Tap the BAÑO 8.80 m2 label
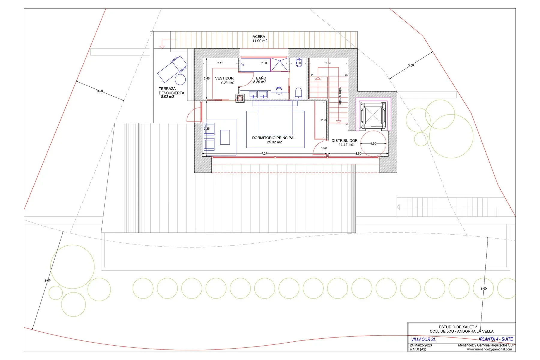pos(260,80)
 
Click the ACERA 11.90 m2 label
pos(259,39)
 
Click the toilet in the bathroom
pos(298,93)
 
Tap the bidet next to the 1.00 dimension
pos(298,62)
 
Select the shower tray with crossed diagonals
pos(280,65)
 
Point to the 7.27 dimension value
pos(264,154)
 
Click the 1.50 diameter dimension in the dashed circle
pos(373,144)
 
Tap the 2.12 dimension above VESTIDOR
pos(220,63)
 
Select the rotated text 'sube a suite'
pos(340,96)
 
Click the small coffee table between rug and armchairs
pos(225,137)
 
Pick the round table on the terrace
pos(180,79)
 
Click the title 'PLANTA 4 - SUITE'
pos(496,339)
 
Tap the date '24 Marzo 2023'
pos(421,345)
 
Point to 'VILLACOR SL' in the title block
pos(423,339)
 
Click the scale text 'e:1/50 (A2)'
pos(418,349)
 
